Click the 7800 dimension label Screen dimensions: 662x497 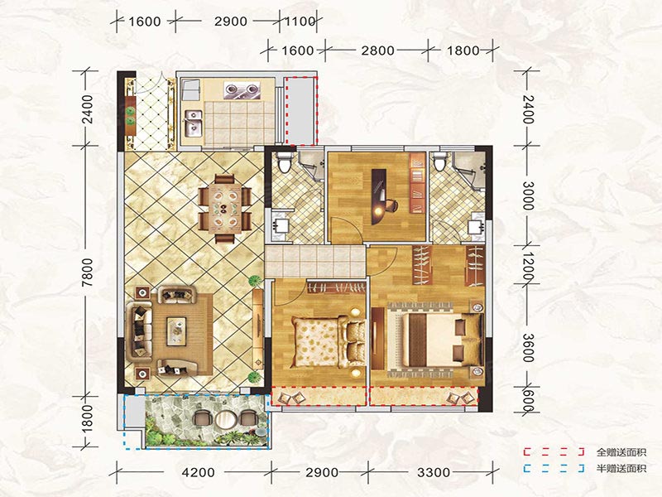(88, 273)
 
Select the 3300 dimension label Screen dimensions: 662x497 (434, 471)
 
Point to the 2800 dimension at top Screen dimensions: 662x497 (378, 51)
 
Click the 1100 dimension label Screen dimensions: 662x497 (300, 21)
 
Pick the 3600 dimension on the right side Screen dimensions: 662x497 (528, 347)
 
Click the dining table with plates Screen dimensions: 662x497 (225, 209)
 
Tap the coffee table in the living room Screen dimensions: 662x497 (176, 331)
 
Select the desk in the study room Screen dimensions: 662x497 (379, 196)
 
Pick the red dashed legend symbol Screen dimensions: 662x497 (554, 452)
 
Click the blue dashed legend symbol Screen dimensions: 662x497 (554, 468)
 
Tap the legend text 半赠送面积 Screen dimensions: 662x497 (621, 468)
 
